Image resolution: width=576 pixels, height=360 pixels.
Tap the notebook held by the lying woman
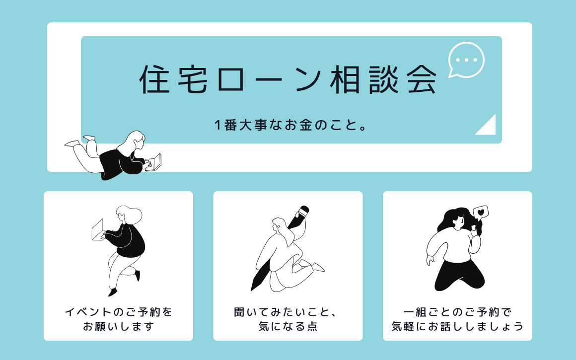tap(154, 162)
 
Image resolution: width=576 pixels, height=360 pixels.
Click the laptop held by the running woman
tap(98, 230)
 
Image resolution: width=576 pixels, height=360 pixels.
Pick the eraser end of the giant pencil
tap(304, 211)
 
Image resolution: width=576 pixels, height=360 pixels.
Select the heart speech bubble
tap(481, 213)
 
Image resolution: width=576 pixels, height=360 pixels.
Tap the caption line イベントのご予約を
tap(119, 312)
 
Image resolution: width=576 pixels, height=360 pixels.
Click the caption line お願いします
tap(118, 326)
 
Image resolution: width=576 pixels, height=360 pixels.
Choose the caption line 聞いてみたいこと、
tap(286, 312)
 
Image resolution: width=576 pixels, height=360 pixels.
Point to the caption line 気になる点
tap(288, 326)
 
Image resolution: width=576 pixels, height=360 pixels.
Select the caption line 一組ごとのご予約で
tap(457, 312)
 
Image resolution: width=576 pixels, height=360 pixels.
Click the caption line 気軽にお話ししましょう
tap(457, 326)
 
